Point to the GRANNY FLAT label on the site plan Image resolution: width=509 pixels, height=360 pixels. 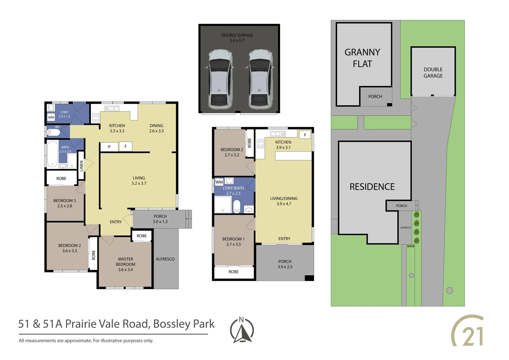(362, 58)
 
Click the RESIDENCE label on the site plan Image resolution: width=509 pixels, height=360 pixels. (372, 187)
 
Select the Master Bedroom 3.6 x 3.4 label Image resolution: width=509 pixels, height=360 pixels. (126, 264)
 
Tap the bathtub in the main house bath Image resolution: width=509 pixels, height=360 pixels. (52, 154)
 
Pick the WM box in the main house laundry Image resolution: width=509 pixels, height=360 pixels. (51, 117)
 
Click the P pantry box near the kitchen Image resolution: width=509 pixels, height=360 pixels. (109, 147)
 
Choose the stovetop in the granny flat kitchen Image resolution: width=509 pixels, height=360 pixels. (260, 144)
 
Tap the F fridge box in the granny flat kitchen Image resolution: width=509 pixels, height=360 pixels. (305, 135)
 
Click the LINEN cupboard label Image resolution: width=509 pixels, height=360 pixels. (81, 166)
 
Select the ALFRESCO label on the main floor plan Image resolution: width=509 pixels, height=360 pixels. (165, 259)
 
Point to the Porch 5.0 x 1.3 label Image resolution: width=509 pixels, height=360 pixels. (160, 219)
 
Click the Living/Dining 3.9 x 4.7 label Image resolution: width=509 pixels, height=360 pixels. (284, 201)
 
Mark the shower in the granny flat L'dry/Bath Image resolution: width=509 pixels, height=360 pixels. (223, 205)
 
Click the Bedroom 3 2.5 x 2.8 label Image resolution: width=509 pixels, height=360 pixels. (65, 203)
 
